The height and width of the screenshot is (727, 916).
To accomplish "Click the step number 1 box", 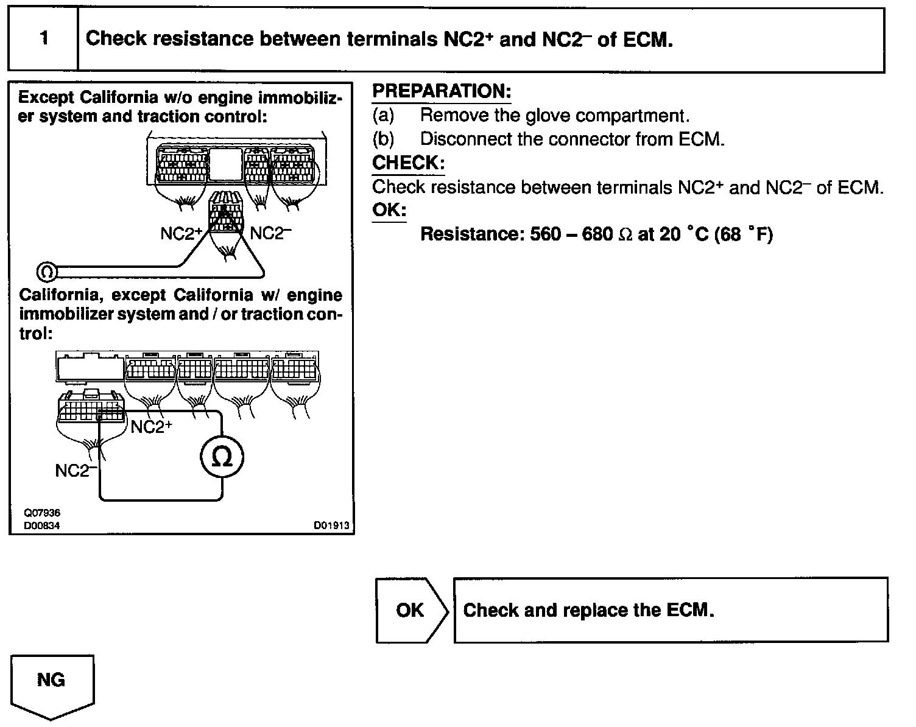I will point(43,39).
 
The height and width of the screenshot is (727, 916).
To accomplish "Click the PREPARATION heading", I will point(441,92).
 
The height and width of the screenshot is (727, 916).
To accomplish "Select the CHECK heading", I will point(407,163).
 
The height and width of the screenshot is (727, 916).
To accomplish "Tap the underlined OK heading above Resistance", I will point(389,210).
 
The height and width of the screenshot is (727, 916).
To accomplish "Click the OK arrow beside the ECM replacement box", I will point(410,610).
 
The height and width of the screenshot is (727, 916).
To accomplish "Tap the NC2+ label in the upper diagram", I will point(181,234).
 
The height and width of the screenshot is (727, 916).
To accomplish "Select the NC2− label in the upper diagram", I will point(267,234).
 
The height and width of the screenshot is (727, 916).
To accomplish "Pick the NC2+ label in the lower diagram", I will point(151,427).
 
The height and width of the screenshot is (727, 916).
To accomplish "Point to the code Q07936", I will point(42,514).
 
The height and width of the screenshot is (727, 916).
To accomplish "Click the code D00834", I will point(42,525).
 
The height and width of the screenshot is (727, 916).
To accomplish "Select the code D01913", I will point(332,525).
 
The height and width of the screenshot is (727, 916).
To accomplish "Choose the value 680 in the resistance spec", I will point(597,234).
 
